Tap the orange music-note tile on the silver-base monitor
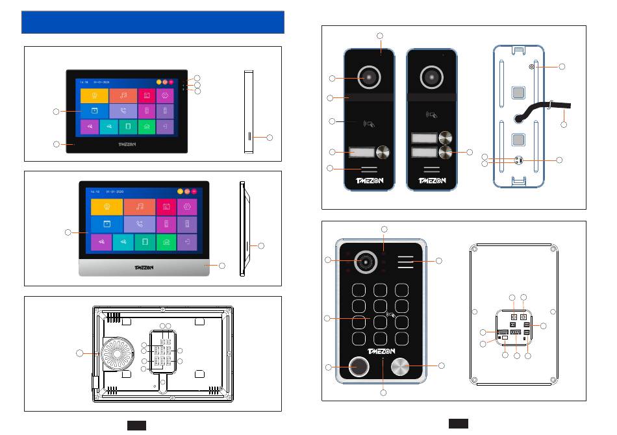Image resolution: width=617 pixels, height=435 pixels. (x=139, y=206)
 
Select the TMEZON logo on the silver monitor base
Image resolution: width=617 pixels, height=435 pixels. (x=144, y=267)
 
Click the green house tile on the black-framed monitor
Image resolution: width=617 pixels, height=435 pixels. (x=147, y=126)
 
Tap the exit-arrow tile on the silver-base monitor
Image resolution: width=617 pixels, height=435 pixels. (x=187, y=242)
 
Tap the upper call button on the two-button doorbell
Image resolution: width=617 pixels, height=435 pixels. (x=445, y=138)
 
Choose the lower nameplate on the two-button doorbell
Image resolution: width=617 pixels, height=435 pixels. (x=422, y=155)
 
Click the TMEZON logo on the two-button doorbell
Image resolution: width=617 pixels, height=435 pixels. (x=432, y=181)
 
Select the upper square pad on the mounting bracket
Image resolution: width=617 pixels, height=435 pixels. (x=518, y=93)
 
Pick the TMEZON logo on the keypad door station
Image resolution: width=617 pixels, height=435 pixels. (x=381, y=352)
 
